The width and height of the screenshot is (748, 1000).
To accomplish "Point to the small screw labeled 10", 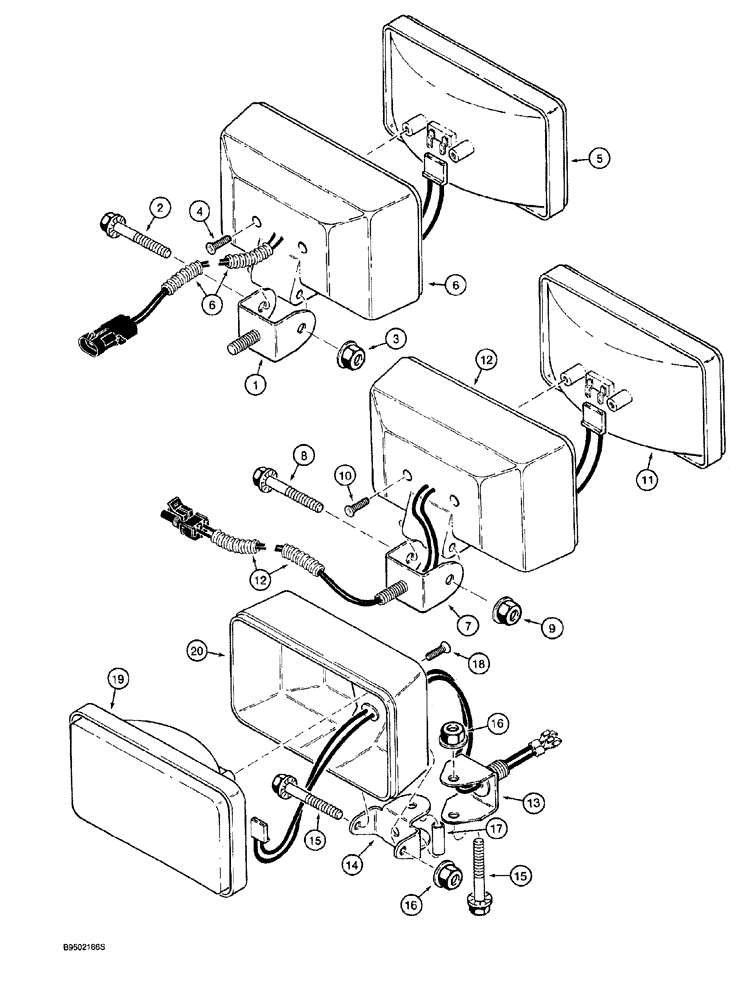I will click(x=357, y=510).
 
